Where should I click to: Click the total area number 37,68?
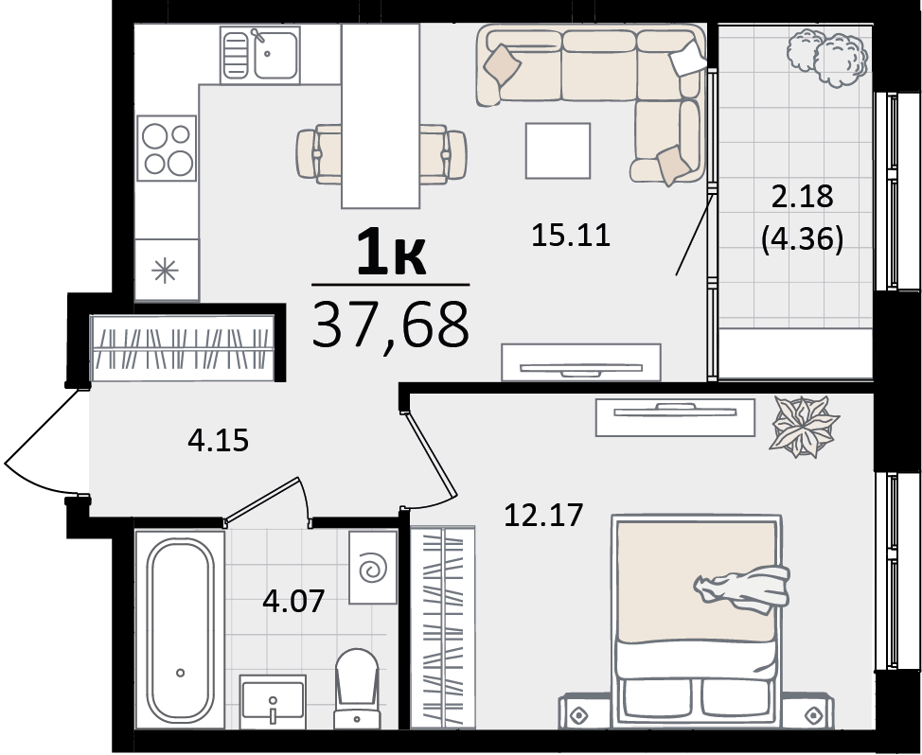point(390,325)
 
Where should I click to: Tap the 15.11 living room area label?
point(571,235)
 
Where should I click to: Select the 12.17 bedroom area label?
point(544,515)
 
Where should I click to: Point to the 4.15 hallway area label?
point(218,440)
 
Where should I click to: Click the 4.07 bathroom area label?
point(294,601)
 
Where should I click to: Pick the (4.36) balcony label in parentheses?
point(802,239)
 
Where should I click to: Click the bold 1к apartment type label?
point(391,252)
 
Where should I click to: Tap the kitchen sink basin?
point(260,54)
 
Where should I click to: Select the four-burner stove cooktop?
point(167,148)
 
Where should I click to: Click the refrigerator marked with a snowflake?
point(167,271)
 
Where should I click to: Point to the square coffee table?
point(558,150)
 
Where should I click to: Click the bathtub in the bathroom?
point(180,628)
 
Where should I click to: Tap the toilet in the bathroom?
point(356,688)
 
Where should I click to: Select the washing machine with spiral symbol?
point(373,568)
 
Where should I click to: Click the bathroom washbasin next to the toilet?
point(273,701)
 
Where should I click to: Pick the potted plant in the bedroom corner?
point(805,427)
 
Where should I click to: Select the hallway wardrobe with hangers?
point(183,348)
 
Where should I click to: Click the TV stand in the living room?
point(581,362)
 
